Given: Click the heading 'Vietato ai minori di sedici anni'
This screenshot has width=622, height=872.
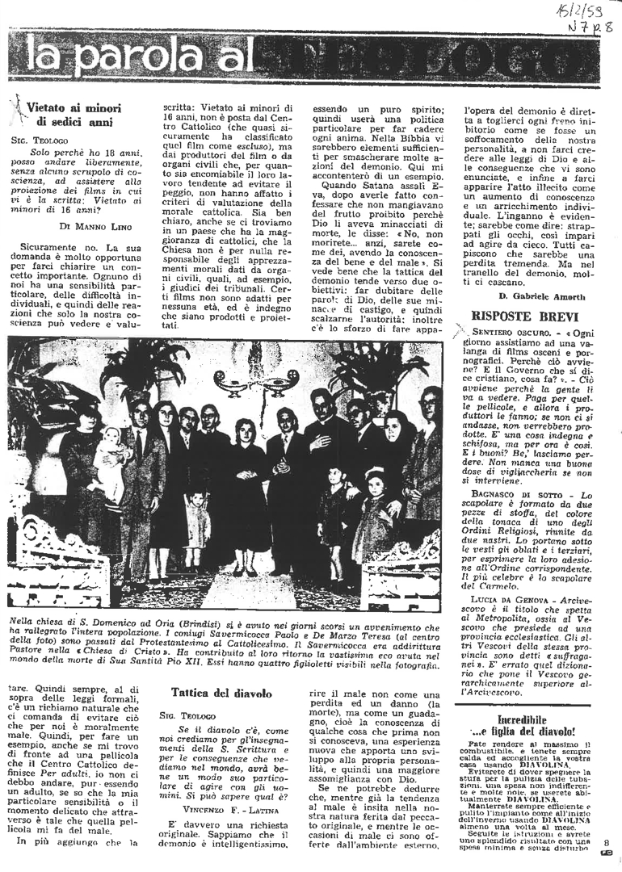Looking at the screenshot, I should click(x=74, y=114).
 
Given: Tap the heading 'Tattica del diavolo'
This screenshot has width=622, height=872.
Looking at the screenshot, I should click(x=215, y=693).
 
